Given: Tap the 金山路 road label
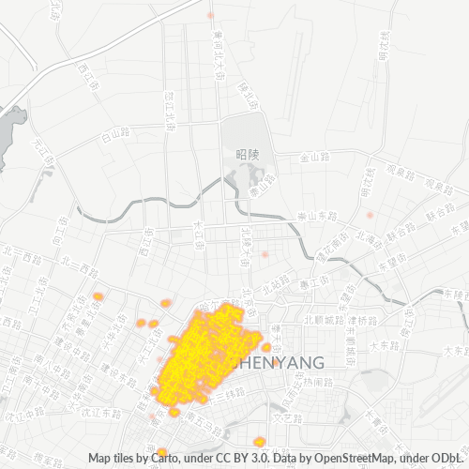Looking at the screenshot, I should coord(311,159).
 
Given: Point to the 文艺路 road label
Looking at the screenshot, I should coord(283,410).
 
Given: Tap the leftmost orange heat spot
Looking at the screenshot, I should coord(98,297).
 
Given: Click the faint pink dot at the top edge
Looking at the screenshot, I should coord(211,16).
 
